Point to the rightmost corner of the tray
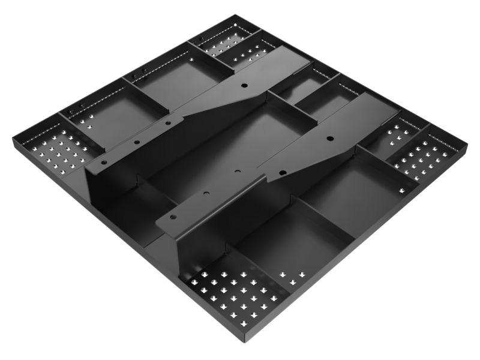tap(466, 145)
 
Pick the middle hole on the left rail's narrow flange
tap(137, 143)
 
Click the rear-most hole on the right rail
tap(329, 139)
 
